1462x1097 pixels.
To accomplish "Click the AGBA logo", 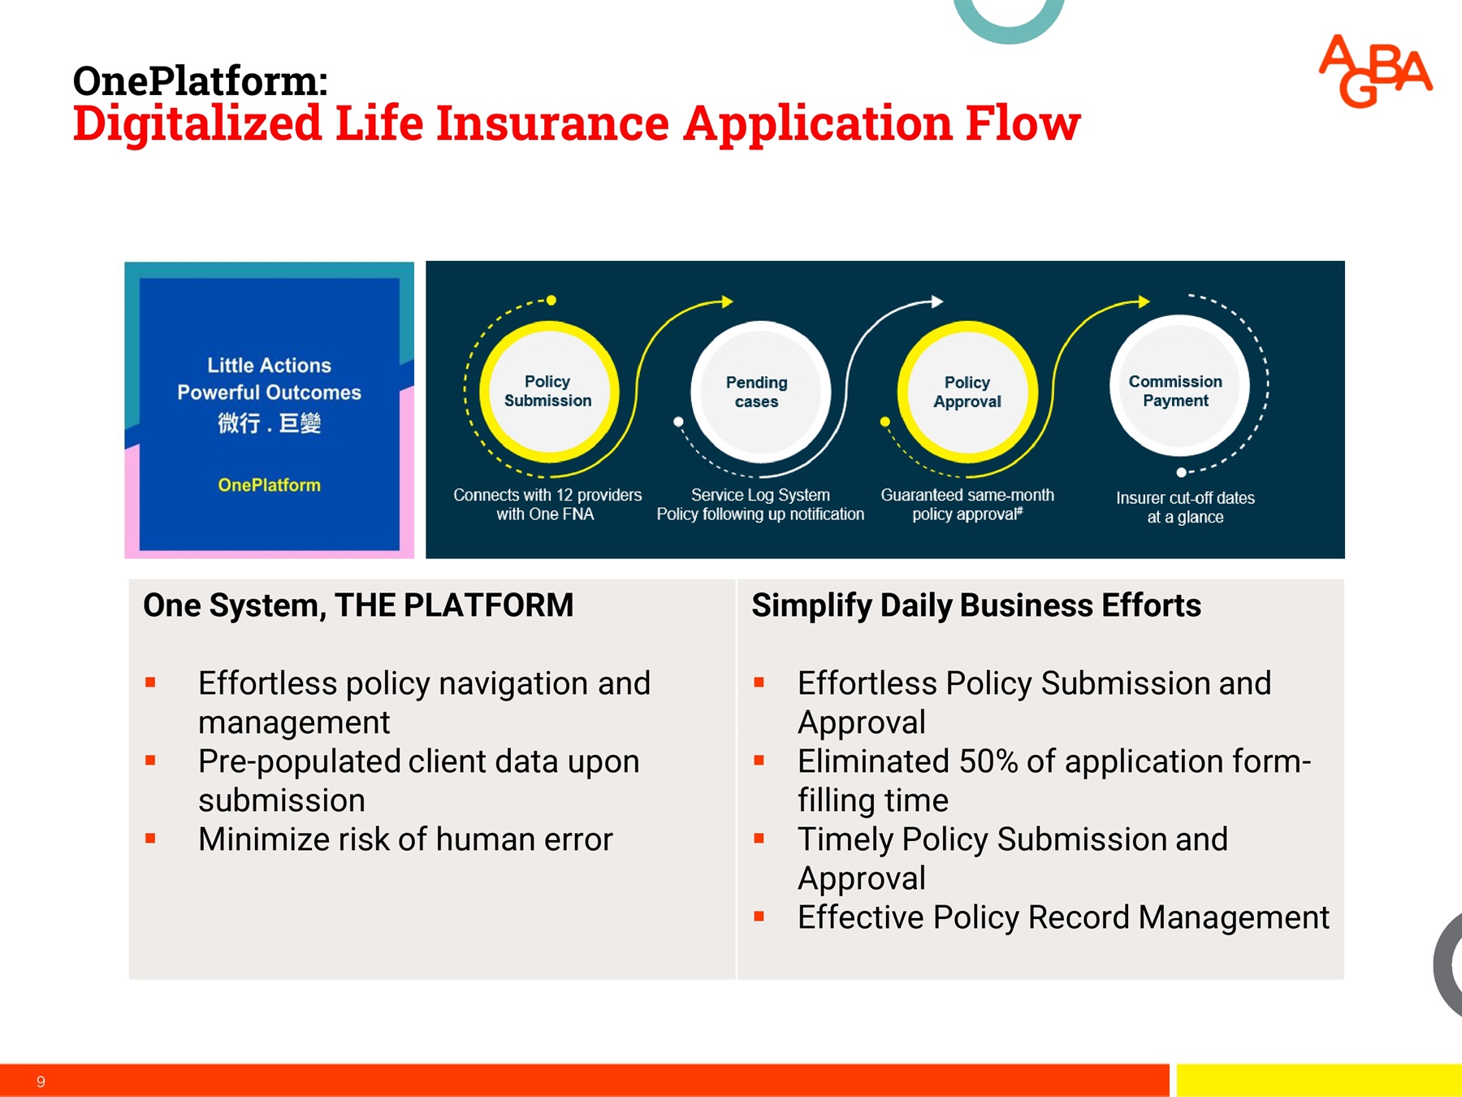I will coord(1375,72).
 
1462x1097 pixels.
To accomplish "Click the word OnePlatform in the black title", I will coord(199,81).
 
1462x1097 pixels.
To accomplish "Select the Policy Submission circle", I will coord(548,392).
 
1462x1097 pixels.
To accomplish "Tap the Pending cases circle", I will coord(757,392).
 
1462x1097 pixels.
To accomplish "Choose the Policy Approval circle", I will coord(967,392).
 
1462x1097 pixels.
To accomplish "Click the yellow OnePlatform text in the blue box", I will coord(269,485).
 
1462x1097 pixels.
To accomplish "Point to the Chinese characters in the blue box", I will coord(269,423).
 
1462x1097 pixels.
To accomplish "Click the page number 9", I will coord(41,1082).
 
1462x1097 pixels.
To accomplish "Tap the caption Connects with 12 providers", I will coord(547,496).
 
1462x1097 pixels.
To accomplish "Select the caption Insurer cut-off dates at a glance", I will coord(1185,507).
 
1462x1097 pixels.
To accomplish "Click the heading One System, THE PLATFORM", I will coord(358,605).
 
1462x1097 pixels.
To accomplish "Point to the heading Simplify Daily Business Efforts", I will coord(975,605).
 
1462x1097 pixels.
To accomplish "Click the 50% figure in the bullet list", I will coord(988,761).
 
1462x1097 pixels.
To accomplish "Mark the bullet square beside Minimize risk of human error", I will coord(150,839).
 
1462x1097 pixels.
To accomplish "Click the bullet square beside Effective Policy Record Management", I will coord(759,917).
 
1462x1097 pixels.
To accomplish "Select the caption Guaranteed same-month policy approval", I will coord(967,505).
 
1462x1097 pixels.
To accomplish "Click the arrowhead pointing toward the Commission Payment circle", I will coord(1144,302).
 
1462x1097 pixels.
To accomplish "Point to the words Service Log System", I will coord(760,495).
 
